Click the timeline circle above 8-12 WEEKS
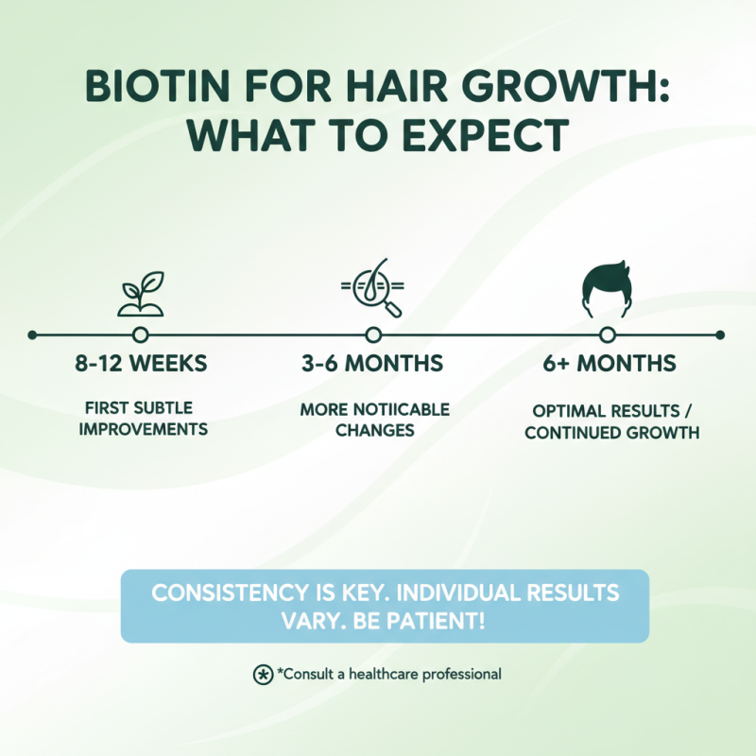pos(141,335)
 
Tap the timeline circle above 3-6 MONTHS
pos(373,335)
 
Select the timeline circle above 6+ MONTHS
pos(607,335)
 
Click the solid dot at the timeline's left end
pos(32,335)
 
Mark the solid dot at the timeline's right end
pos(720,335)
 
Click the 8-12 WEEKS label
pos(141,364)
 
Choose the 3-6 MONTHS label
pos(374,364)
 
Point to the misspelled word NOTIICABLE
pos(399,410)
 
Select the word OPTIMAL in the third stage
pos(568,412)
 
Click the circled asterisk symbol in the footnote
pos(263,675)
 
